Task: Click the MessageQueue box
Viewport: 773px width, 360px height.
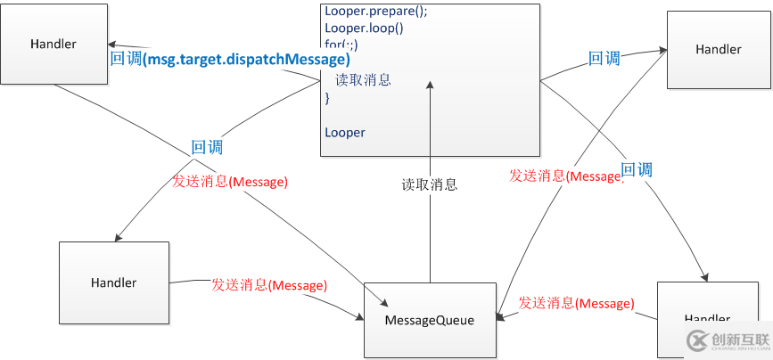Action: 429,319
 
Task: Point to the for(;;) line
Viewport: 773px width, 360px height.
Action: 341,45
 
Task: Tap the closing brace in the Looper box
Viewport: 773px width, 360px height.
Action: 327,98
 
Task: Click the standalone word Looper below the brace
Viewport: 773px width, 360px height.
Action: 344,132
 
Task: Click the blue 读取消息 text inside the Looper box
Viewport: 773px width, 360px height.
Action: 363,80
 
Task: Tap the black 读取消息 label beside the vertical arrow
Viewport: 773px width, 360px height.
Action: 429,184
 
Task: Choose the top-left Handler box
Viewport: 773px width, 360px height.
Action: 53,44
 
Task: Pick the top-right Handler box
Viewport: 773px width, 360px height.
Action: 718,49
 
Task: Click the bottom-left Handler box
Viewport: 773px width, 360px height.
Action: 113,282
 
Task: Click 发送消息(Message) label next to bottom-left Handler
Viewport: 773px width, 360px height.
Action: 268,285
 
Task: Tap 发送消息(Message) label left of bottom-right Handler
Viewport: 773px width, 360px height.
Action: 576,303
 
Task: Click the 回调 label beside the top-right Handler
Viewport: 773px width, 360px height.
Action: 604,59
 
